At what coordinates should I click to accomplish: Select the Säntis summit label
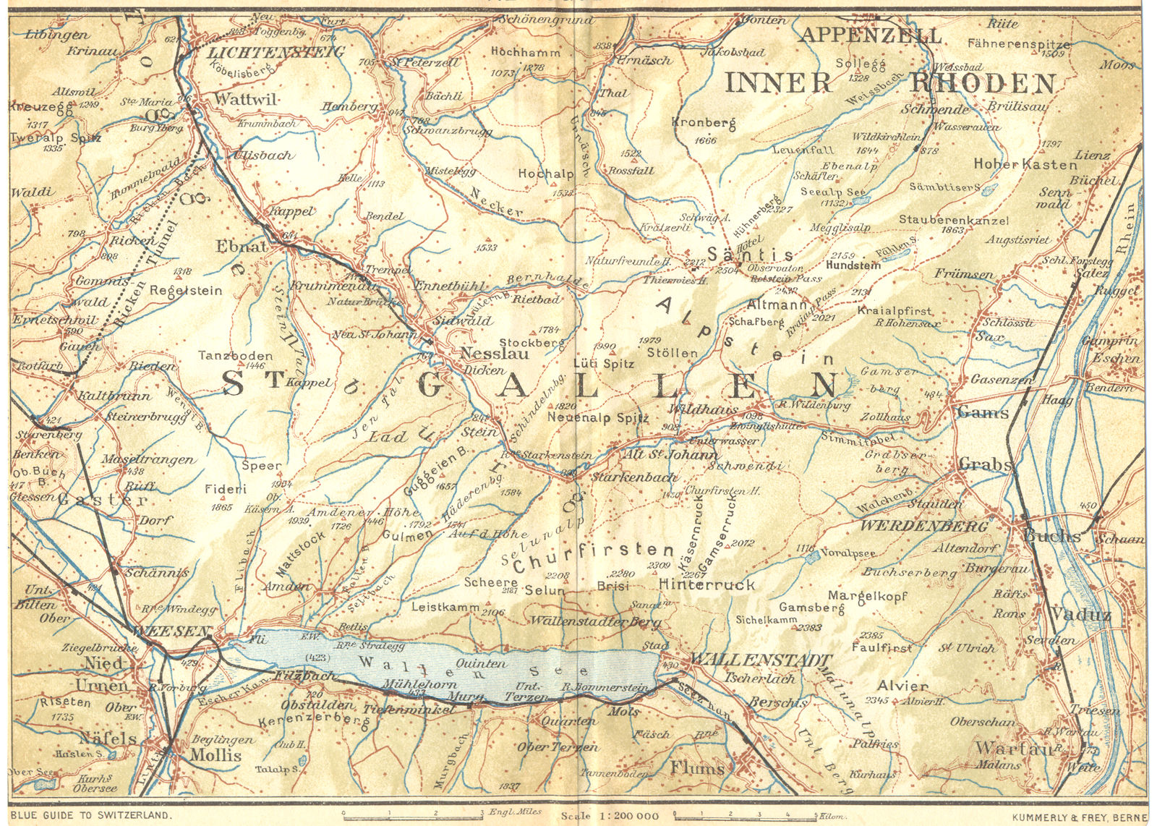coord(750,255)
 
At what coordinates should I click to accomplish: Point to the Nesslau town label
coord(495,354)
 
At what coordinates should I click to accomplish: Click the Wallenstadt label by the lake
coord(759,660)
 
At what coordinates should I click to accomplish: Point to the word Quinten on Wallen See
coord(481,663)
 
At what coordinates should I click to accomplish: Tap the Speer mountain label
coord(261,466)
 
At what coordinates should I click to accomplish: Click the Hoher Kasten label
coord(1025,164)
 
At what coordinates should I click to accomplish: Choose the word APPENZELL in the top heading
coord(870,35)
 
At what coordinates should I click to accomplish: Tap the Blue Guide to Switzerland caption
coord(91,815)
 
